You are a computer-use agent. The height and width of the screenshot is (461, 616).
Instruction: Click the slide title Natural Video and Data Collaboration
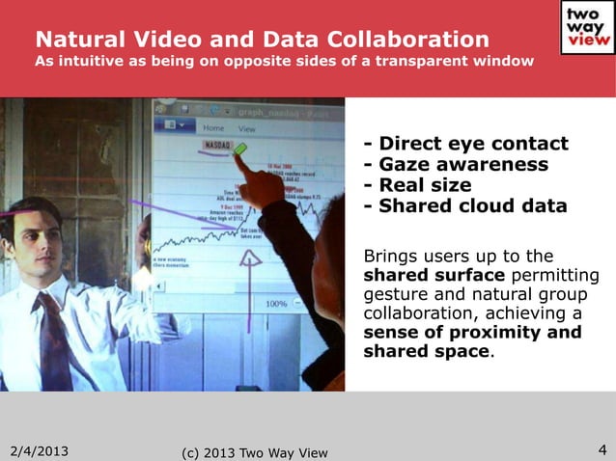[x=262, y=40]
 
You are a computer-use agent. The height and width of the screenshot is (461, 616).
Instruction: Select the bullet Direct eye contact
[x=465, y=145]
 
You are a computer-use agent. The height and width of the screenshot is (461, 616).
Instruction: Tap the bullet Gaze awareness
[x=456, y=165]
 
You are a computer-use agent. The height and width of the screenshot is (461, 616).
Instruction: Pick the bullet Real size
[x=417, y=185]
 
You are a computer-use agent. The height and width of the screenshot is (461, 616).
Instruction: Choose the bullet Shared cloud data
[x=464, y=205]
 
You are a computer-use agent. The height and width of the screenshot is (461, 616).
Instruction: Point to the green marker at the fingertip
[x=240, y=149]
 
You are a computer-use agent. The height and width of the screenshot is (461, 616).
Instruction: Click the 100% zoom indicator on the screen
[x=277, y=303]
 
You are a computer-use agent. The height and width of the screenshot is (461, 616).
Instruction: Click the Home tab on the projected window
[x=213, y=127]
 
